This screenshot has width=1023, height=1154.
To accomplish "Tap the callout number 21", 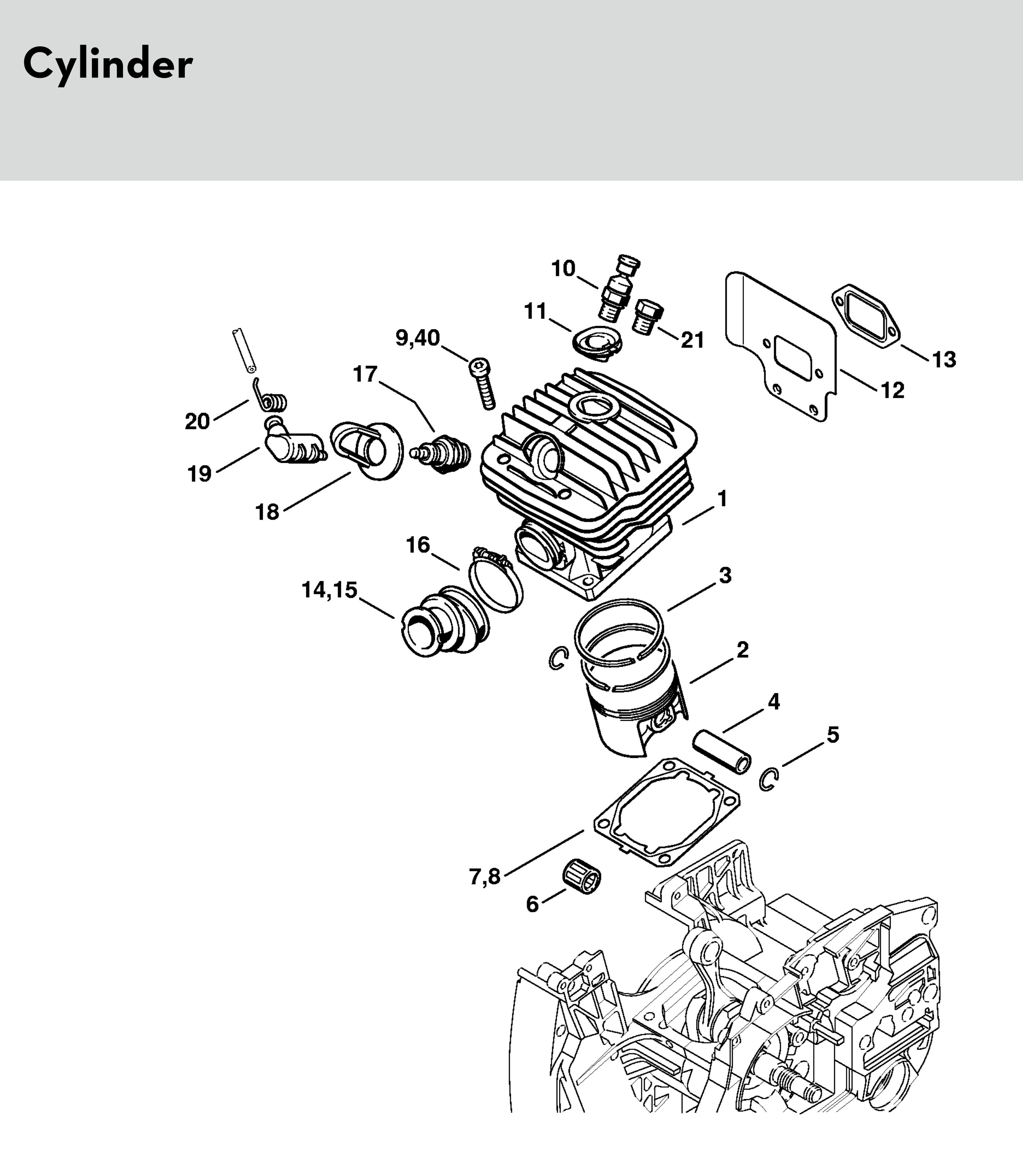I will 693,341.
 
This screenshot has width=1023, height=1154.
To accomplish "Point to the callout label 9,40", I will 417,338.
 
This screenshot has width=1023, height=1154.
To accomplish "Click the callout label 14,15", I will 330,590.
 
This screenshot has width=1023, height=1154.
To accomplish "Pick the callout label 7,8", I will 485,877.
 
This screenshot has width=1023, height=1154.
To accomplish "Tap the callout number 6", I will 532,904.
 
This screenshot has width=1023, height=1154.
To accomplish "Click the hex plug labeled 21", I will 648,317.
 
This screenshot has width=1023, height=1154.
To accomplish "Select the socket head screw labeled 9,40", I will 483,384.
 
